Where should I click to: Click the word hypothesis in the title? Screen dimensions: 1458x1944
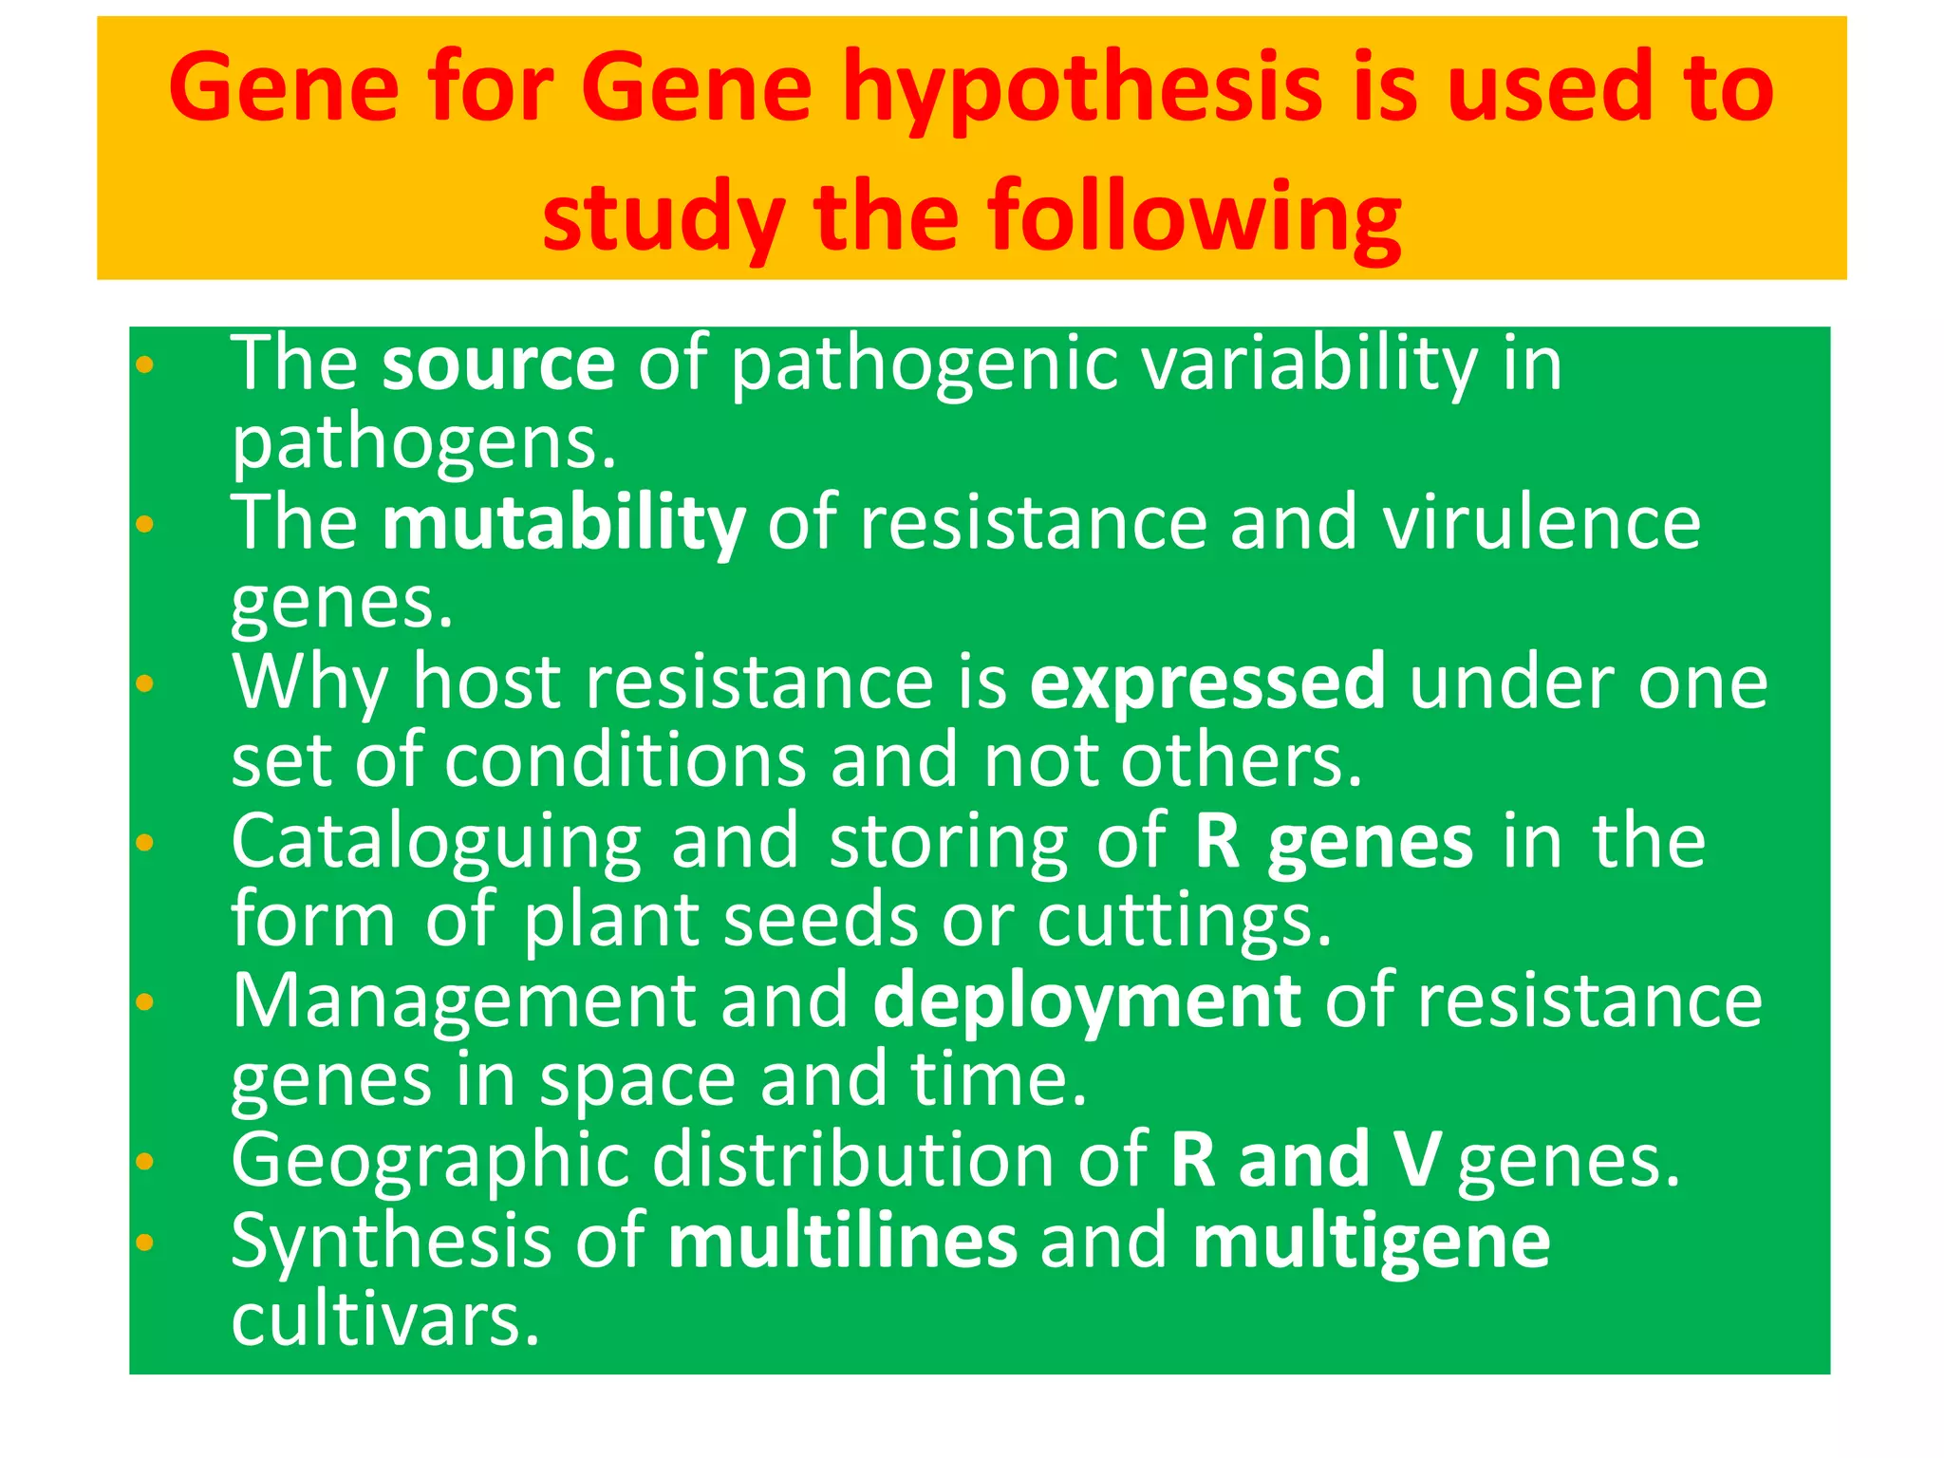pyautogui.click(x=1082, y=90)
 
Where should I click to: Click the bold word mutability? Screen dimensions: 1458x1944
pyautogui.click(x=564, y=523)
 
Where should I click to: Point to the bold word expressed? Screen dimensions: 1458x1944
pyautogui.click(x=1207, y=682)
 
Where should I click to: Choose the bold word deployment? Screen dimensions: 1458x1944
pyautogui.click(x=1086, y=1001)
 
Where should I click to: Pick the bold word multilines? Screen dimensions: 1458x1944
pyautogui.click(x=842, y=1241)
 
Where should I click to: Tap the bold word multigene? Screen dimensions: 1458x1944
pyautogui.click(x=1371, y=1241)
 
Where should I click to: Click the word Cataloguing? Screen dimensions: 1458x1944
pyautogui.click(x=437, y=842)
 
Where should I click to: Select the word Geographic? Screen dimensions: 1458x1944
pyautogui.click(x=431, y=1160)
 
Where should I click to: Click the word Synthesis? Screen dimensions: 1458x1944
pyautogui.click(x=391, y=1241)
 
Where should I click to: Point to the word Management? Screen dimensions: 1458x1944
pyautogui.click(x=464, y=1001)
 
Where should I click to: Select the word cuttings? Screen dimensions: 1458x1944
pyautogui.click(x=1184, y=921)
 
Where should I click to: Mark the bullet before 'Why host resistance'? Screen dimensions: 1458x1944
pyautogui.click(x=144, y=682)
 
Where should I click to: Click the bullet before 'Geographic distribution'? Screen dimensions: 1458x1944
pyautogui.click(x=144, y=1160)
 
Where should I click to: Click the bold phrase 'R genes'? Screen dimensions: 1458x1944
pyautogui.click(x=1334, y=842)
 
